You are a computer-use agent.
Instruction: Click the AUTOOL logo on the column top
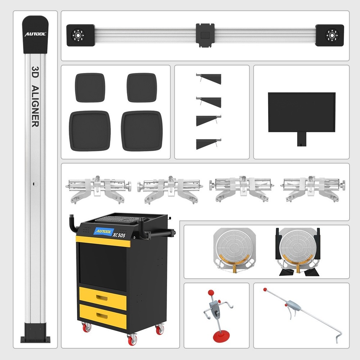click(x=35, y=34)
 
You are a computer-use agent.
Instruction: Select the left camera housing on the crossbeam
click(x=80, y=35)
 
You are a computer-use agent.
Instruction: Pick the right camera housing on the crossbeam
click(x=329, y=35)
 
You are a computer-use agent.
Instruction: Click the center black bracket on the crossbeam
click(x=205, y=35)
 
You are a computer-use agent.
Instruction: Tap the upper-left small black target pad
click(x=90, y=87)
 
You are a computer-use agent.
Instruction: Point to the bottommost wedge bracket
click(x=209, y=144)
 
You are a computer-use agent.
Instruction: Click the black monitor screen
click(x=301, y=112)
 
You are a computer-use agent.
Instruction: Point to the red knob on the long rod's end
click(x=265, y=289)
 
